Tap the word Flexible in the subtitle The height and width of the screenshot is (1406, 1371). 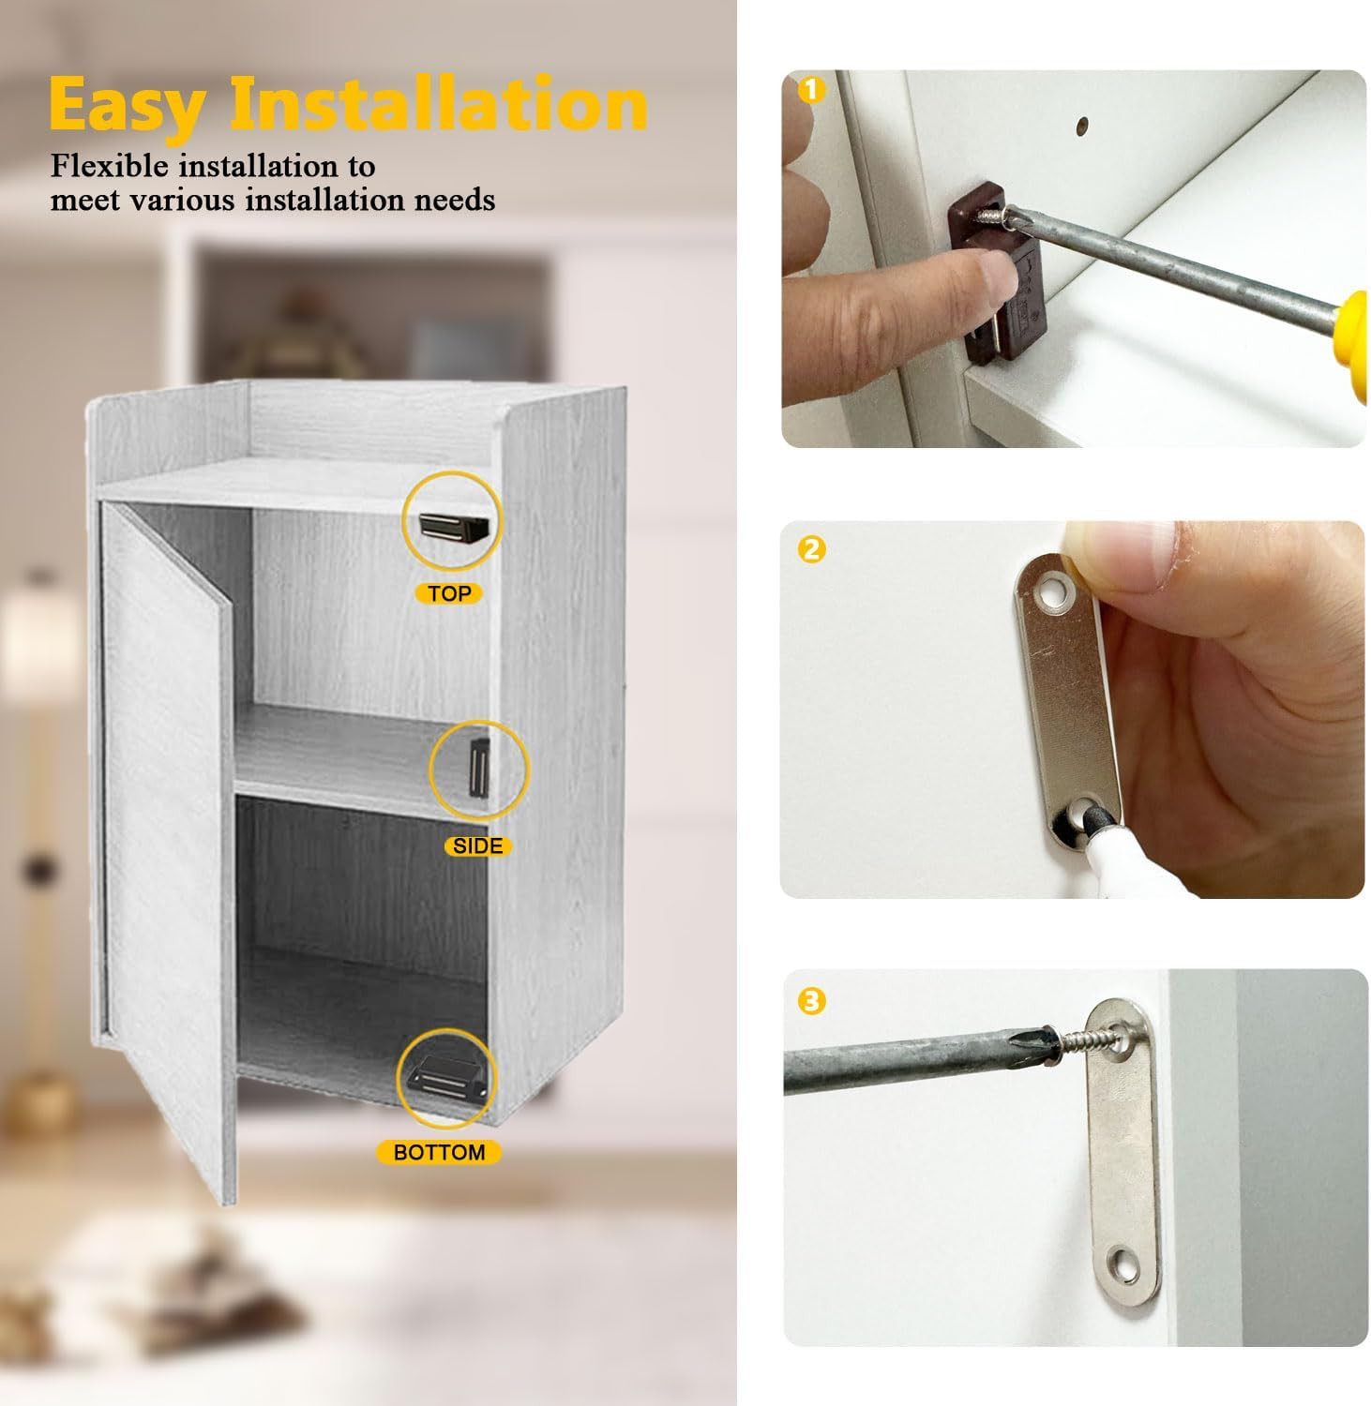(110, 166)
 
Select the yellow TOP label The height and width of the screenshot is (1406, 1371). (449, 593)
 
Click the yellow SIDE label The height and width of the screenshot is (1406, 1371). (477, 846)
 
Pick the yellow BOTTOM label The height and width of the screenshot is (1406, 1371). (439, 1152)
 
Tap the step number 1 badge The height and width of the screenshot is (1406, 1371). (812, 90)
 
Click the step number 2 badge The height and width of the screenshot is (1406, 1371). (812, 548)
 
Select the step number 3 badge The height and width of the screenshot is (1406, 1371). (812, 1001)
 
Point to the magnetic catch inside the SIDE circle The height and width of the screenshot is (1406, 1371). (479, 770)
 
